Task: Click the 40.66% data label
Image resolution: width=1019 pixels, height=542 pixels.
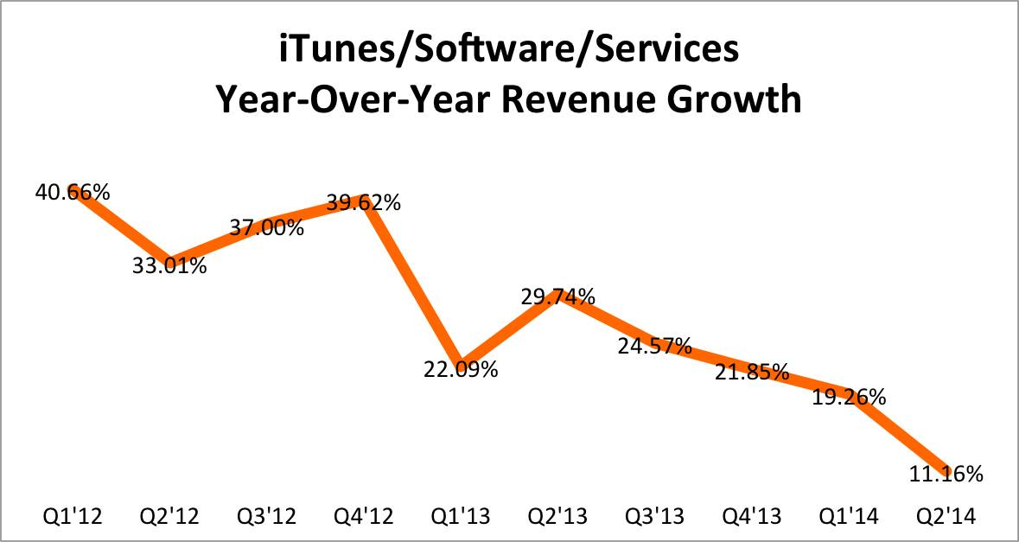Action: [x=73, y=193]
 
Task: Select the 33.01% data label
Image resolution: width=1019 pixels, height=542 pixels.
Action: [x=170, y=265]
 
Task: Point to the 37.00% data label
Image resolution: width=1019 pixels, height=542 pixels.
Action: [x=267, y=228]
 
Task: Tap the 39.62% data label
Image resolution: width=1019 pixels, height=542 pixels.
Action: [x=364, y=203]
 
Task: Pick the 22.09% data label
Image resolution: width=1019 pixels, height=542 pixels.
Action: [x=462, y=370]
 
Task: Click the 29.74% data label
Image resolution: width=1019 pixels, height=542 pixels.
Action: [x=558, y=297]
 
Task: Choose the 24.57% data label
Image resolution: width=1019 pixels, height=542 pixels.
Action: [x=655, y=347]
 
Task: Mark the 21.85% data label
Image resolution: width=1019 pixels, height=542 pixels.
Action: [x=752, y=373]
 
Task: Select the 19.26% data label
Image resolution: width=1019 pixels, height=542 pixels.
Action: [x=849, y=398]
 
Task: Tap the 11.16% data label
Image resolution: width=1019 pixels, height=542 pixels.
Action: [x=946, y=474]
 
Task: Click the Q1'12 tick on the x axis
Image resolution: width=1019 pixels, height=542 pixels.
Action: [x=73, y=517]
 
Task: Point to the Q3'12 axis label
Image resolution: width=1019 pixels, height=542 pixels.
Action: [x=267, y=517]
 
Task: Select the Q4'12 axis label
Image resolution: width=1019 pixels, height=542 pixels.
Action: [x=364, y=517]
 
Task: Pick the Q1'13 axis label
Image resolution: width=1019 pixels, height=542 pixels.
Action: [x=462, y=517]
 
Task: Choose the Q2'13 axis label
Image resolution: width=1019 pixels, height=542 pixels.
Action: [x=558, y=517]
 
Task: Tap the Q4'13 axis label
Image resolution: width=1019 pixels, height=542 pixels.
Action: [x=752, y=517]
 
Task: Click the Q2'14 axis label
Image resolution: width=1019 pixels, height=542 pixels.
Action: [x=946, y=517]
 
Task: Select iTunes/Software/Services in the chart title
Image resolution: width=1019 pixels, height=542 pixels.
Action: [x=509, y=50]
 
